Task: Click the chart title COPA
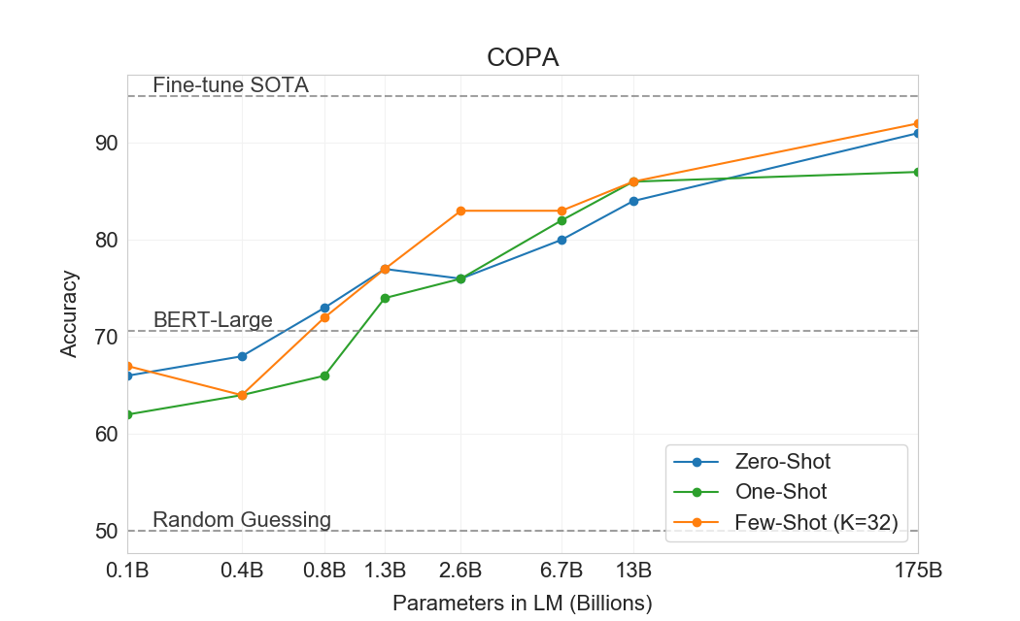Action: [x=522, y=58]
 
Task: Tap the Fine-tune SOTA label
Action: [x=230, y=85]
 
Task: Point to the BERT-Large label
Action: [x=213, y=320]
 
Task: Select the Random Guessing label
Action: [x=241, y=520]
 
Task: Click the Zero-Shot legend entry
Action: [x=783, y=461]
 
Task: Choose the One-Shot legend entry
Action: [x=781, y=492]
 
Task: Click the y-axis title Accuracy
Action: [x=69, y=313]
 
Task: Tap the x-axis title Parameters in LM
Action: [x=522, y=603]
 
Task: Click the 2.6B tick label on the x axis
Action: [x=460, y=570]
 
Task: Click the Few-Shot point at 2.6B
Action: [x=460, y=211]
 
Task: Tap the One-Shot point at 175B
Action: [x=917, y=172]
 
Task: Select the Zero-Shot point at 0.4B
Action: [x=242, y=356]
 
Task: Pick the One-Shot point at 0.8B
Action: [x=324, y=376]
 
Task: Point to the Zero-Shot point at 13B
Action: [x=633, y=201]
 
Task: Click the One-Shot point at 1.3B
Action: [x=386, y=298]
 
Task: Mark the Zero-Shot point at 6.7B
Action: [x=561, y=240]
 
